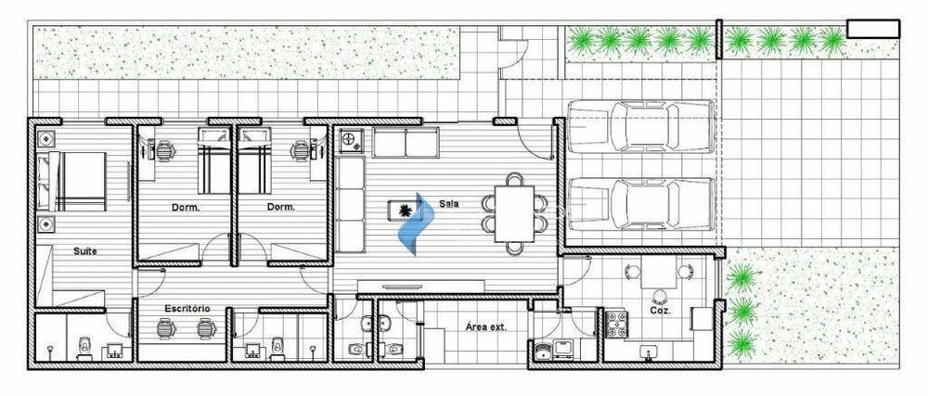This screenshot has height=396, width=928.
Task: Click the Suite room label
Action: tap(84, 251)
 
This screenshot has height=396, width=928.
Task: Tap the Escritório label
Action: tap(187, 309)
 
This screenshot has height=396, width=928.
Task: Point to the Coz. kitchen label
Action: tap(661, 310)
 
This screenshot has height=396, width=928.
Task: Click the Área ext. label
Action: tap(486, 326)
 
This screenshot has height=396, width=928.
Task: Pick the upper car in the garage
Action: tap(641, 126)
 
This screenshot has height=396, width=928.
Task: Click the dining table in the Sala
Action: tap(514, 213)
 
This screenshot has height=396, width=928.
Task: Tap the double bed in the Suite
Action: tap(72, 182)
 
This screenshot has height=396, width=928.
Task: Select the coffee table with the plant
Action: tap(406, 210)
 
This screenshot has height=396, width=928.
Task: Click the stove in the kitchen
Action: tap(617, 325)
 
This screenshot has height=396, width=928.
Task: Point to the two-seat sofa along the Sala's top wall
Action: tap(406, 143)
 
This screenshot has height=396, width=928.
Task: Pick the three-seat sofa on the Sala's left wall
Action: tap(350, 205)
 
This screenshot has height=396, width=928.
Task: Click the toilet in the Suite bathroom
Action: tap(85, 348)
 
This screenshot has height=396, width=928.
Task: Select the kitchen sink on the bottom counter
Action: tap(649, 353)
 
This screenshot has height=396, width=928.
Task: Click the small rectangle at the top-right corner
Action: tap(873, 29)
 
